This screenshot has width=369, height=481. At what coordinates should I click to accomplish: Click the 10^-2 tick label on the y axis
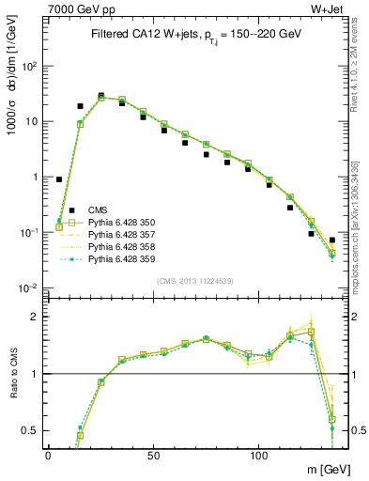click(x=28, y=287)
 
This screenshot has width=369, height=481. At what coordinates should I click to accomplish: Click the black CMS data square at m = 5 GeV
click(x=59, y=178)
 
